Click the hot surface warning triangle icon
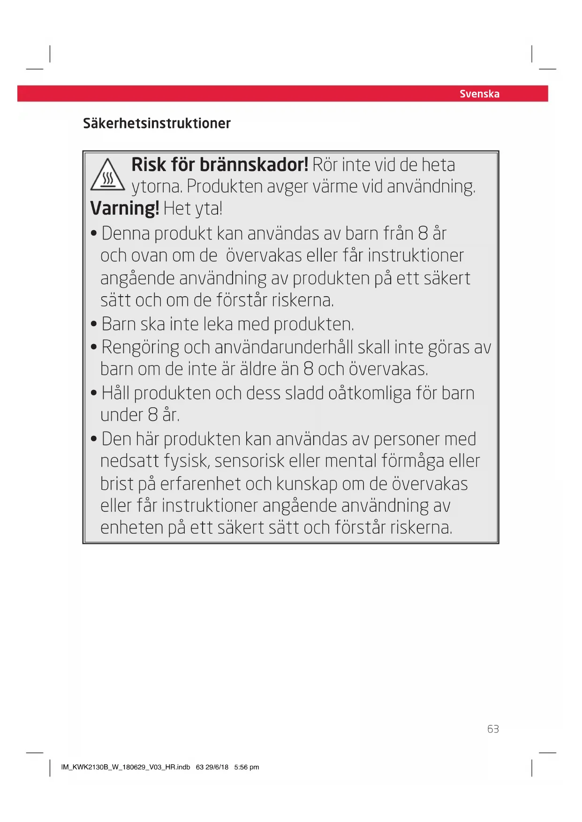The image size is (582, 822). click(x=107, y=175)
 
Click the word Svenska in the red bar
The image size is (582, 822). click(x=479, y=94)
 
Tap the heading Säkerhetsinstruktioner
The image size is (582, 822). click(x=157, y=123)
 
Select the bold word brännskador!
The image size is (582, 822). click(x=254, y=164)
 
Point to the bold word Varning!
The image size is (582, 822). click(x=125, y=208)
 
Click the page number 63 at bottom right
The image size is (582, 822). click(x=493, y=729)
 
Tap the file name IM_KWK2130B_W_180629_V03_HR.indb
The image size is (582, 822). click(x=126, y=767)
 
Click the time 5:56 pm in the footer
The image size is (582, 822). click(x=247, y=767)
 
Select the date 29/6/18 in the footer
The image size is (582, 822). click(x=217, y=767)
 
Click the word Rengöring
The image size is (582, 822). click(x=140, y=348)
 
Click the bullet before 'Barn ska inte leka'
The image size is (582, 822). click(x=94, y=324)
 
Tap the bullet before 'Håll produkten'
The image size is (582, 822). click(x=94, y=393)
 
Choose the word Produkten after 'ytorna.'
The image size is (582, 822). click(x=224, y=187)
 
